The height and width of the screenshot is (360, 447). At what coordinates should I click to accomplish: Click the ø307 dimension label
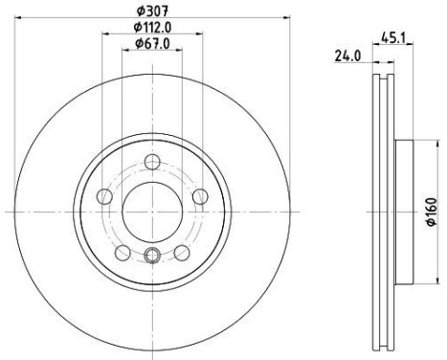(152, 11)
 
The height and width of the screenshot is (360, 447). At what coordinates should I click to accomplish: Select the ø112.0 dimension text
(152, 28)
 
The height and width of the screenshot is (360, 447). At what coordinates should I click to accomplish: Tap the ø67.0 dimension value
(152, 44)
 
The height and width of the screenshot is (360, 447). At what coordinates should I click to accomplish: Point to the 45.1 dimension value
(393, 38)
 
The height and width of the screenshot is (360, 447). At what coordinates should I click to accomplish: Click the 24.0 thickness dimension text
(347, 56)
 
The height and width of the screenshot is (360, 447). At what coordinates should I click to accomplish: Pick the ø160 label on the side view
(432, 212)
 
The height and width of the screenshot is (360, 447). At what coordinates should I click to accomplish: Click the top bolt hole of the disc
(152, 162)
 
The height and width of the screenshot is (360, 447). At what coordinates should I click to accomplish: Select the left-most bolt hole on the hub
(104, 196)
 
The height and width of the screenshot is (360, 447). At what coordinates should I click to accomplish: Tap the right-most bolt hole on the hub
(200, 196)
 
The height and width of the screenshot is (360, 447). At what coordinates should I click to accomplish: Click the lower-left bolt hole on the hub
(123, 253)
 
